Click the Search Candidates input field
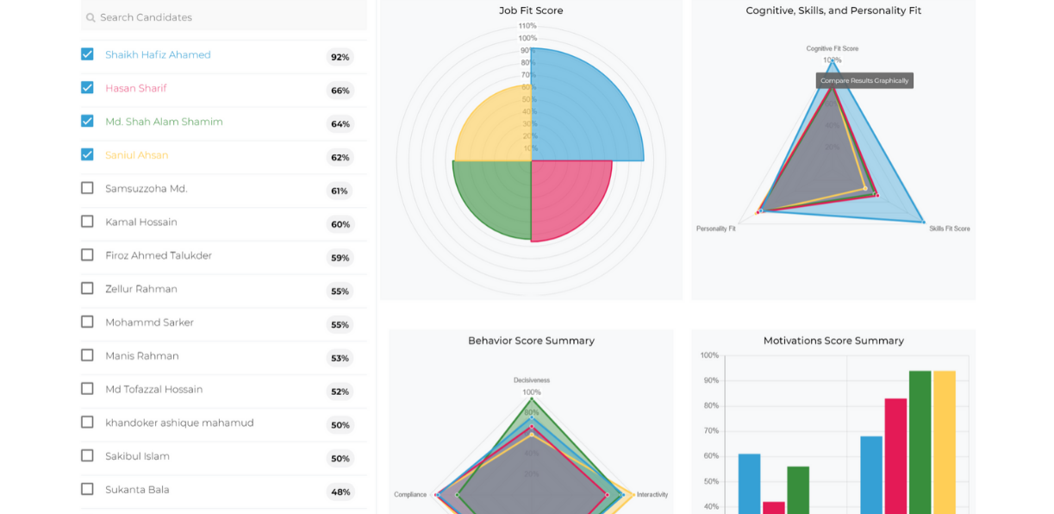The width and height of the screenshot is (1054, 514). (x=224, y=17)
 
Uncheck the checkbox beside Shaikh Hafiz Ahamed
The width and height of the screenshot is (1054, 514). (x=87, y=54)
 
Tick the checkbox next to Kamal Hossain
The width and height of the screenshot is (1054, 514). (x=87, y=222)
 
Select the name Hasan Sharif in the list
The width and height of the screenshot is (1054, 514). (x=136, y=88)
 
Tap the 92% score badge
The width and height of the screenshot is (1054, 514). (x=340, y=57)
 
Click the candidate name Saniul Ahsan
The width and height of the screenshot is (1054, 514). (x=136, y=155)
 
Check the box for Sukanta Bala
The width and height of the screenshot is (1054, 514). (x=87, y=489)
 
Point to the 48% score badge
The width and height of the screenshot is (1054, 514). (x=340, y=492)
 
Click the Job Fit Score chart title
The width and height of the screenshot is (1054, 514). (x=531, y=10)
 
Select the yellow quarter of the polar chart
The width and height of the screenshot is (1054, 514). (x=496, y=125)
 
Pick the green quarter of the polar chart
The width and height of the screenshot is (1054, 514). (x=494, y=197)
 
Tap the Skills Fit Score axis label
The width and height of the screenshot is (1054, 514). (x=949, y=229)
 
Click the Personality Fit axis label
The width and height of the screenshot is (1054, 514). (x=715, y=229)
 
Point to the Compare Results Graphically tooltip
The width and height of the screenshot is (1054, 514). (x=864, y=80)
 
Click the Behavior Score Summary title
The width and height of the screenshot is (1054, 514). (x=531, y=341)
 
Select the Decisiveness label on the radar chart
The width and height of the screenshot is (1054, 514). (x=531, y=379)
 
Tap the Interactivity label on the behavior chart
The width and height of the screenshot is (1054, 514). (x=652, y=494)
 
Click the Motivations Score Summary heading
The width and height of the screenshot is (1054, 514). (x=833, y=341)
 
